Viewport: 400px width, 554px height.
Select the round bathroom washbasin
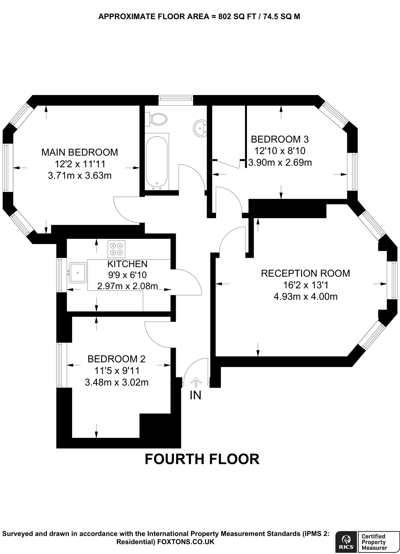pos(200,128)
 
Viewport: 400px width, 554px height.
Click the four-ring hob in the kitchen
pos(116,249)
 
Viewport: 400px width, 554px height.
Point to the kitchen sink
pos(78,272)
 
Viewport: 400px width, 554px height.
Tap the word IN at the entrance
pos(196,395)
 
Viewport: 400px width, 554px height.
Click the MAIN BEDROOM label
pos(80,152)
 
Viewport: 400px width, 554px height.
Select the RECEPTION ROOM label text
pos(305,273)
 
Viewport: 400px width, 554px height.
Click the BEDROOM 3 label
pos(280,139)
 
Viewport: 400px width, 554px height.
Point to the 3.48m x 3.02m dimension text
pos(117,382)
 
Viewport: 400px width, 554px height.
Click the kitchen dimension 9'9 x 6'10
pos(127,275)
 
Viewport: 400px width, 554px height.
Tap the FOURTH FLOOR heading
pos(202,459)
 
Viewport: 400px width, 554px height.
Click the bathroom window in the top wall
pos(176,100)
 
